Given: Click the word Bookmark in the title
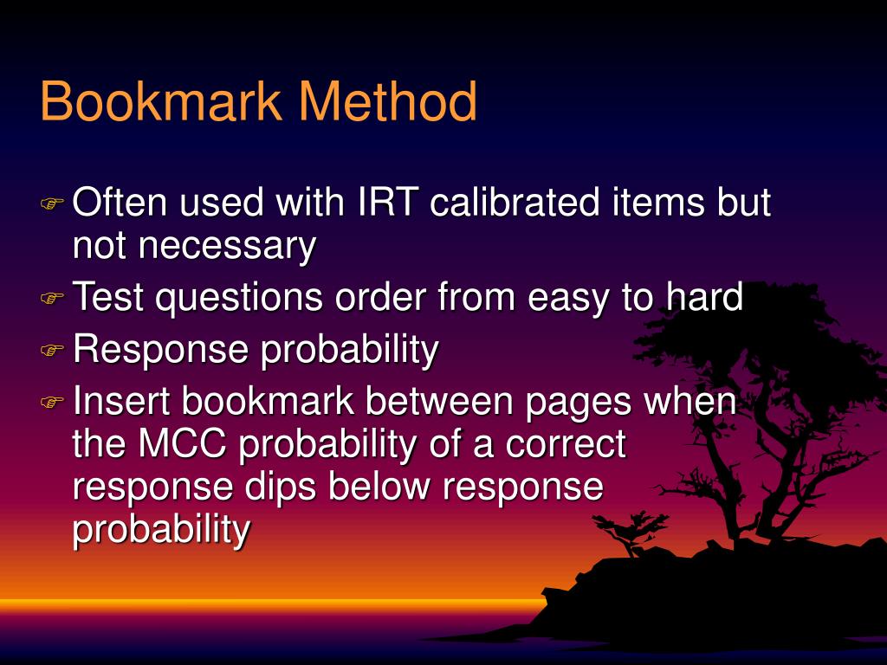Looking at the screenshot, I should click(161, 102).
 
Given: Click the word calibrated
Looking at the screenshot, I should click(515, 203).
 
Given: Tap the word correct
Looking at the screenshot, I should click(565, 445).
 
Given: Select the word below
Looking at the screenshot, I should click(380, 487).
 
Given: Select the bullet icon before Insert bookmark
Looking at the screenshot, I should click(52, 404).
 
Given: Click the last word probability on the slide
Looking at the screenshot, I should click(161, 529).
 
